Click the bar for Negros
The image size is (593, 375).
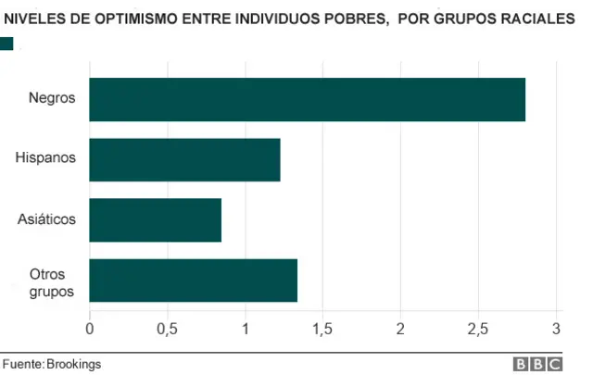point(307,99)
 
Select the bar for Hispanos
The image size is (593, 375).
point(184,159)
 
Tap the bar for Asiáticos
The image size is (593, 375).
point(155,219)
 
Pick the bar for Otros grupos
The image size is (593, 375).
point(193,281)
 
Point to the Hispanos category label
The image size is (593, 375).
point(45,159)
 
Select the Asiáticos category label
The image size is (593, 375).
point(46,219)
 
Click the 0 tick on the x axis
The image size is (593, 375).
point(90,330)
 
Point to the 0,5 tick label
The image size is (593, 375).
point(167,330)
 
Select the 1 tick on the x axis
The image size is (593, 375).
point(246,330)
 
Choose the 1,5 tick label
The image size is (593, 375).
point(322,330)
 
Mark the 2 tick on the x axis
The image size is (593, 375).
point(400,330)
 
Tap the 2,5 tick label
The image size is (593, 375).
point(478,330)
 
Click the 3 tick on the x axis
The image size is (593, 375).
point(556,330)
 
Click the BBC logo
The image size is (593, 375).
point(547,364)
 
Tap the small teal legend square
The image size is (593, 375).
point(6,43)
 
